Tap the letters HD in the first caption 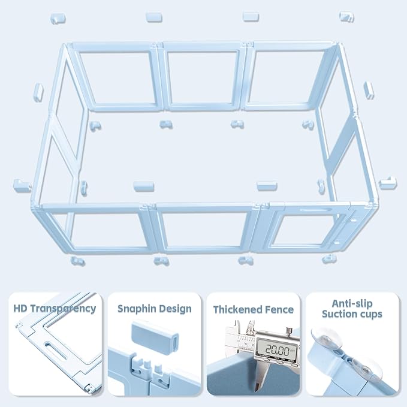(x=20, y=309)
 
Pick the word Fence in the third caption (x=281, y=310)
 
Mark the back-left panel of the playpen (x=117, y=77)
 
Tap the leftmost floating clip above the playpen (x=58, y=18)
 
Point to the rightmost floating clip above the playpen (x=346, y=16)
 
